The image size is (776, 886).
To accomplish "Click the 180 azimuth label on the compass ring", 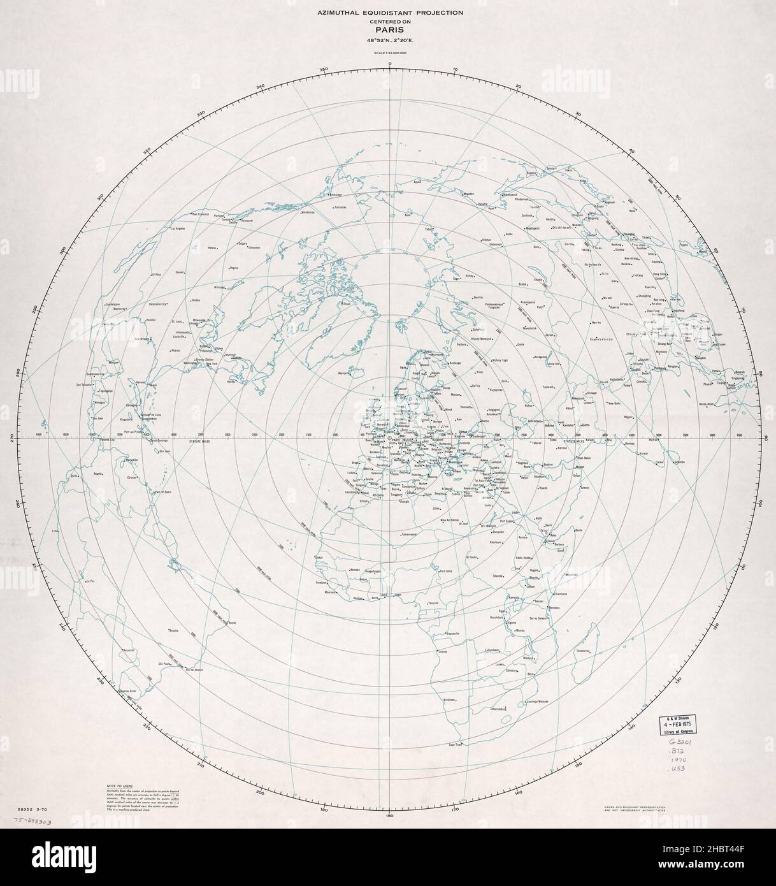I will click(389, 814).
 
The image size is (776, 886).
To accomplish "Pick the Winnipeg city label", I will click(220, 287).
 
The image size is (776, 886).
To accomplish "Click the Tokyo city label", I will click(570, 170).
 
